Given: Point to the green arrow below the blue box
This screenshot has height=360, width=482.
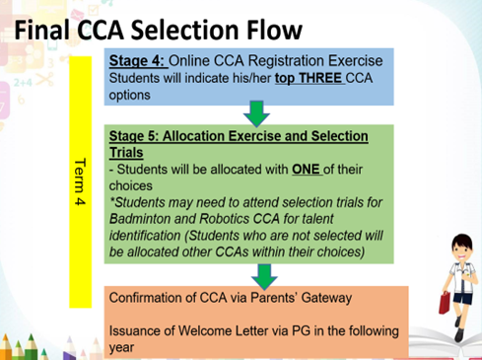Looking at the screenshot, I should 256,114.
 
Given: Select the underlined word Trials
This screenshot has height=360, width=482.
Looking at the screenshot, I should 127,153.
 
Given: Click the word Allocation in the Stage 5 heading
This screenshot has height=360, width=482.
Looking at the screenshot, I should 208,136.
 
